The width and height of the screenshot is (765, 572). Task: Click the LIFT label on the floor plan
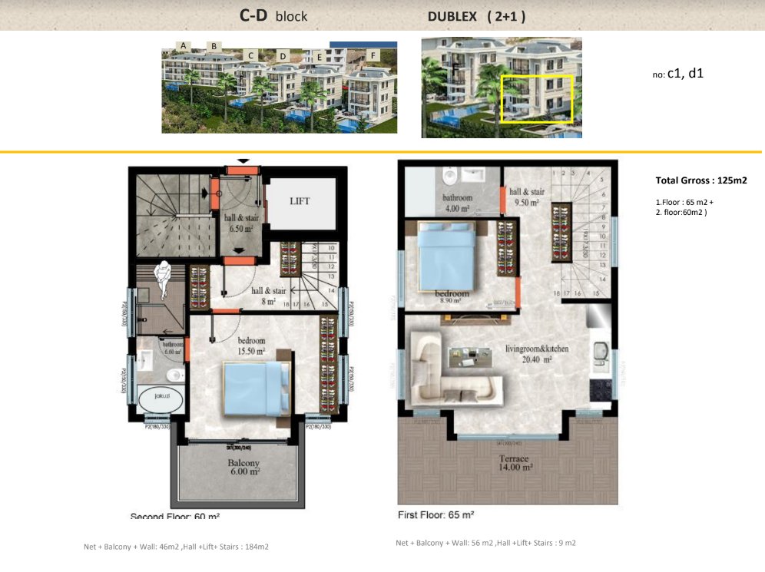300,201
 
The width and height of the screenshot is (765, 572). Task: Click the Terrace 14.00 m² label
507,461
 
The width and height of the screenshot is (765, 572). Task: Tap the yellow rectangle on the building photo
537,99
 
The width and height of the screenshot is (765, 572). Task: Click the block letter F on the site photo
373,56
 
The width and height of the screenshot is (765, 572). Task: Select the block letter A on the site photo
184,46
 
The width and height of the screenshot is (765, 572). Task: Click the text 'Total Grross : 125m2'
701,181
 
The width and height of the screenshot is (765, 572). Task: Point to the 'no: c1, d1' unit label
677,74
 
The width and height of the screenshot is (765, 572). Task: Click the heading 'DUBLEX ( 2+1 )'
476,15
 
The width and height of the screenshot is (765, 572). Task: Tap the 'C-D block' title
273,15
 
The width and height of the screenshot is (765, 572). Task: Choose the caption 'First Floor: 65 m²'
435,514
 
